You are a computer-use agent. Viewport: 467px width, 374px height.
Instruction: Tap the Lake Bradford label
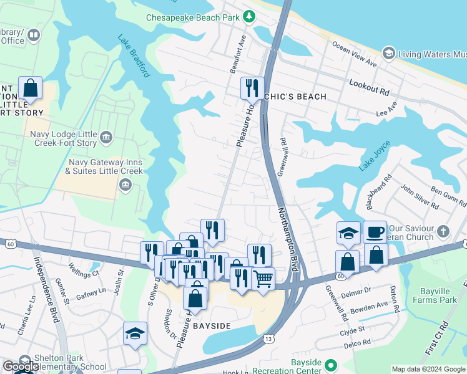coord(134,55)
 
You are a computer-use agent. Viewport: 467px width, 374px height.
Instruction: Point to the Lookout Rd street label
coord(369,87)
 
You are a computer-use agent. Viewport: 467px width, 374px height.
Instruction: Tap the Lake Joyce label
coord(375,156)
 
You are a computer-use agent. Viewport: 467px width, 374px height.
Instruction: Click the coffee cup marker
coord(375,232)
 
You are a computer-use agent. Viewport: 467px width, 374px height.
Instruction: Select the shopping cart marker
coord(263,278)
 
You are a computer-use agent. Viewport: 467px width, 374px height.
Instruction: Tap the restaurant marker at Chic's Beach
coord(252,87)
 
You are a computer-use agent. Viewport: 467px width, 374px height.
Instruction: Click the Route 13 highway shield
coord(268,338)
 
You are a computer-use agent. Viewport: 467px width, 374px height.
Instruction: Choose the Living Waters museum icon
coord(388,54)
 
